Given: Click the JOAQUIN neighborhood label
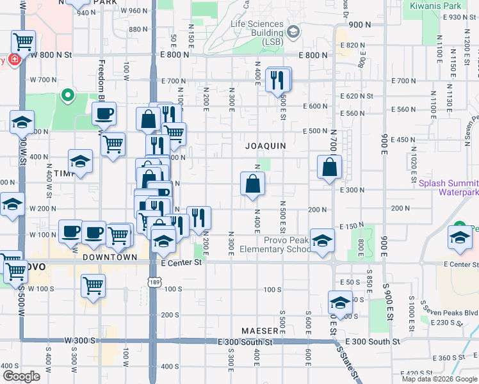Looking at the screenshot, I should click(x=265, y=146).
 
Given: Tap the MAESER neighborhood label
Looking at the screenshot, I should click(x=260, y=331).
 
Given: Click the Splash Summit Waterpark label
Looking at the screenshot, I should click(x=449, y=188).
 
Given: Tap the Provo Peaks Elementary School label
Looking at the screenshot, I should click(x=276, y=244).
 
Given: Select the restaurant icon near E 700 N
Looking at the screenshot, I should click(x=277, y=80).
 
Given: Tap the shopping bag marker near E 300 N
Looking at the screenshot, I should click(x=253, y=184).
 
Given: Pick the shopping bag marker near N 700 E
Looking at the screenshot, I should click(x=329, y=168).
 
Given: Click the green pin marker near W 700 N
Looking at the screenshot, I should click(x=68, y=97).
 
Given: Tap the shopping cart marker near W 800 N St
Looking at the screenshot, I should click(x=24, y=43).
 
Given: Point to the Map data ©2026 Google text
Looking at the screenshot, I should click(x=439, y=379).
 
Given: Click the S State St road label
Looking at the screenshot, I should click(x=347, y=359).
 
